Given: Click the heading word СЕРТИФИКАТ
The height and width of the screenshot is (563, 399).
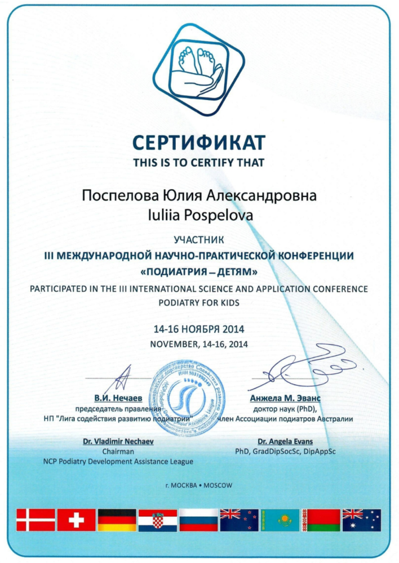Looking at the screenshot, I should [x=199, y=144].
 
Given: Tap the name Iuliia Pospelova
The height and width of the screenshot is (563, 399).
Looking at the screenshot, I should [x=199, y=214].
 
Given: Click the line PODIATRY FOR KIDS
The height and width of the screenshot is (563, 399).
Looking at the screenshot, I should [x=199, y=303].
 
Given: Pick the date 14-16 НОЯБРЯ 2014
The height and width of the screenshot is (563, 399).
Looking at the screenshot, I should [x=199, y=329].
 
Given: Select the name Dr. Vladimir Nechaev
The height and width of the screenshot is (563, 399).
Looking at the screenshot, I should [x=118, y=441].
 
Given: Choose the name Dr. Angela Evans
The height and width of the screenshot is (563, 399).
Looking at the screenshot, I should [x=285, y=441].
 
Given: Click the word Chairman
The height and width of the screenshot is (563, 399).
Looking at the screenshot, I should [x=118, y=452].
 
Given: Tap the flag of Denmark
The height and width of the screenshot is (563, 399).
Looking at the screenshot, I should [x=36, y=520].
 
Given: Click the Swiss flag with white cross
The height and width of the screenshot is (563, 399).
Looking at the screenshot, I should [x=77, y=520].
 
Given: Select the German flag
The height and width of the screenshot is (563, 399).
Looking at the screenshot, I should [x=117, y=520].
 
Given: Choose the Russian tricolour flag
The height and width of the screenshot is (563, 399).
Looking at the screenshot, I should [x=199, y=520].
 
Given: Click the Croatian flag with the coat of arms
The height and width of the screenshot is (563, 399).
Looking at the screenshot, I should [x=158, y=520].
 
